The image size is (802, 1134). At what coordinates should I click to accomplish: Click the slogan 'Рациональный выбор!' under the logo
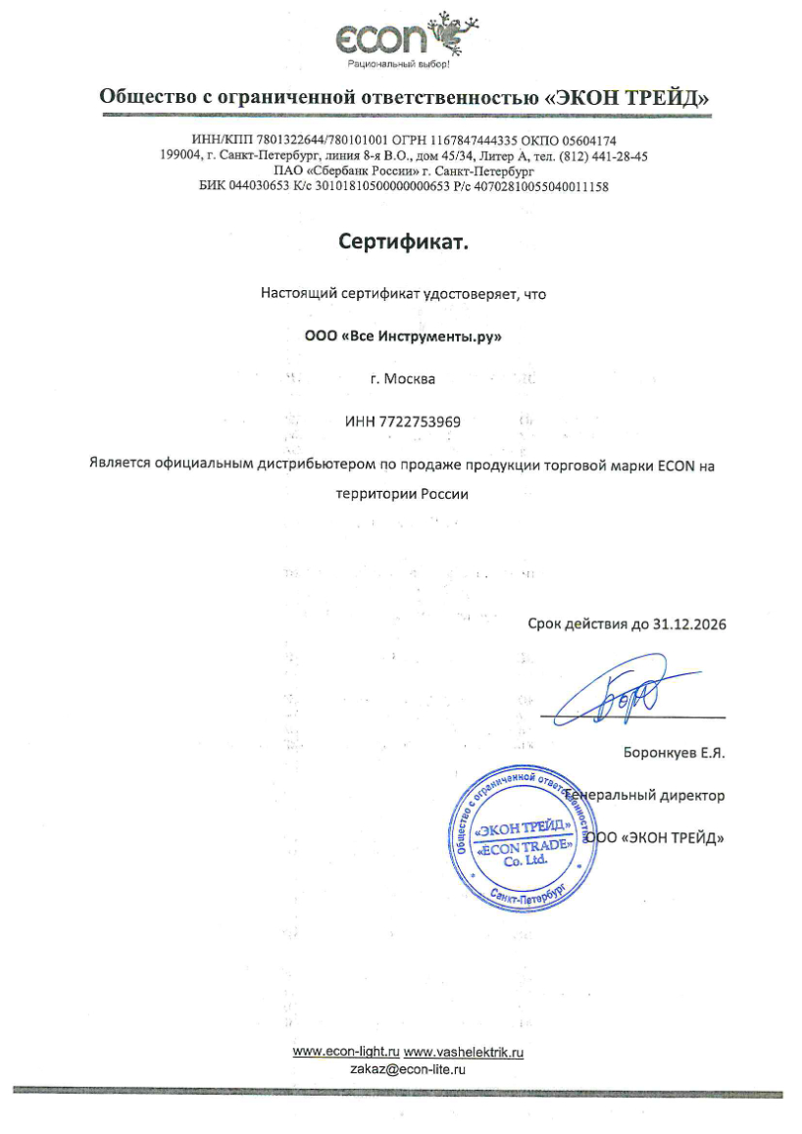(399, 65)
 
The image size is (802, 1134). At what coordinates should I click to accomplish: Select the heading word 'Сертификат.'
(404, 241)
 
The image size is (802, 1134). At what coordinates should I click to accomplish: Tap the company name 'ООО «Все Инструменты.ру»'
(403, 336)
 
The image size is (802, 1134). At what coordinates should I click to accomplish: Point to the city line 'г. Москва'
(403, 378)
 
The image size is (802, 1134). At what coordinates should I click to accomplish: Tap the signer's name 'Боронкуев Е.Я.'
(674, 754)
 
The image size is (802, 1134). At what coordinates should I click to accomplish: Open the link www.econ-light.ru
(346, 1053)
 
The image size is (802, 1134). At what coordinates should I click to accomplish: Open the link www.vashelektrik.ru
(464, 1053)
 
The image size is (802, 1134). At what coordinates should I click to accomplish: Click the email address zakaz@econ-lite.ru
(407, 1069)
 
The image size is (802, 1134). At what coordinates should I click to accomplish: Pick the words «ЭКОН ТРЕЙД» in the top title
(627, 97)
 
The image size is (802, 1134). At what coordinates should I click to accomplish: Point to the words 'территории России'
(402, 494)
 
